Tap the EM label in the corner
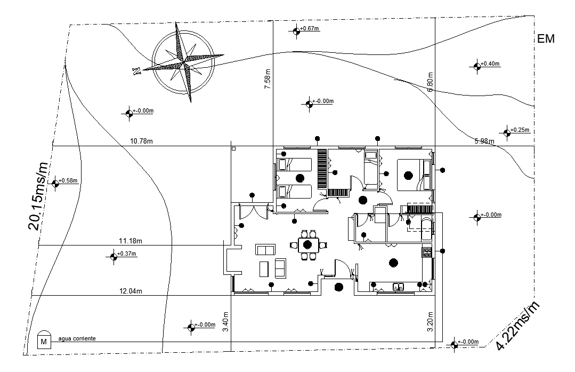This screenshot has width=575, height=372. (x=546, y=39)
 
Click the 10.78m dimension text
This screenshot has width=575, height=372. (x=142, y=141)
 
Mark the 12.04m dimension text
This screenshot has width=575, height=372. (x=130, y=291)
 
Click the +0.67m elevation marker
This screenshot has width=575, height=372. (x=297, y=31)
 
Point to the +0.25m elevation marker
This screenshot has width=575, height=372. (x=507, y=132)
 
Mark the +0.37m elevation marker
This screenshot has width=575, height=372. (x=114, y=256)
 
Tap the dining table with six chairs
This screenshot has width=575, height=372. (x=307, y=245)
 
